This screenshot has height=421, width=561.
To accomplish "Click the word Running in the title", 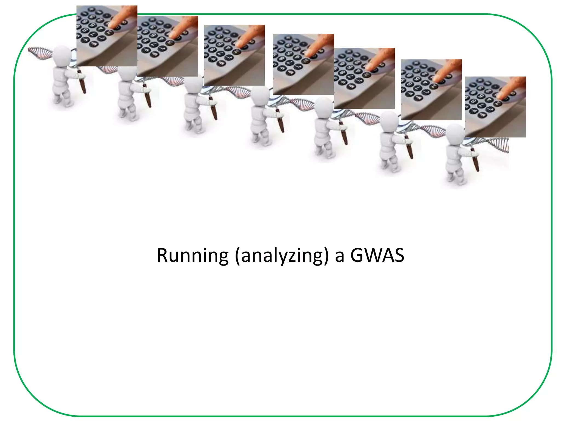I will pyautogui.click(x=192, y=255).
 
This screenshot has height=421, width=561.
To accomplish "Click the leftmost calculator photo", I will pyautogui.click(x=107, y=36).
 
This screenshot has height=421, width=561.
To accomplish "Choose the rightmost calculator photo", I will pyautogui.click(x=495, y=107).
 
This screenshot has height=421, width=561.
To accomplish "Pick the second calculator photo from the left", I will pyautogui.click(x=168, y=46).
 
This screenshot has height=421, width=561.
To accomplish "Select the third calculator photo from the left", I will pyautogui.click(x=234, y=55).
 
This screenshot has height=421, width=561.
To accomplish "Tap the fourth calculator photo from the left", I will pyautogui.click(x=304, y=64).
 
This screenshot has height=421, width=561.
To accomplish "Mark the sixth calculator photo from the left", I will pyautogui.click(x=431, y=90).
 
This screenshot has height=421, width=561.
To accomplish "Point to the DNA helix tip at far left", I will pyautogui.click(x=30, y=50).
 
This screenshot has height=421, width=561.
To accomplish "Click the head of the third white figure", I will pyautogui.click(x=193, y=82).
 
